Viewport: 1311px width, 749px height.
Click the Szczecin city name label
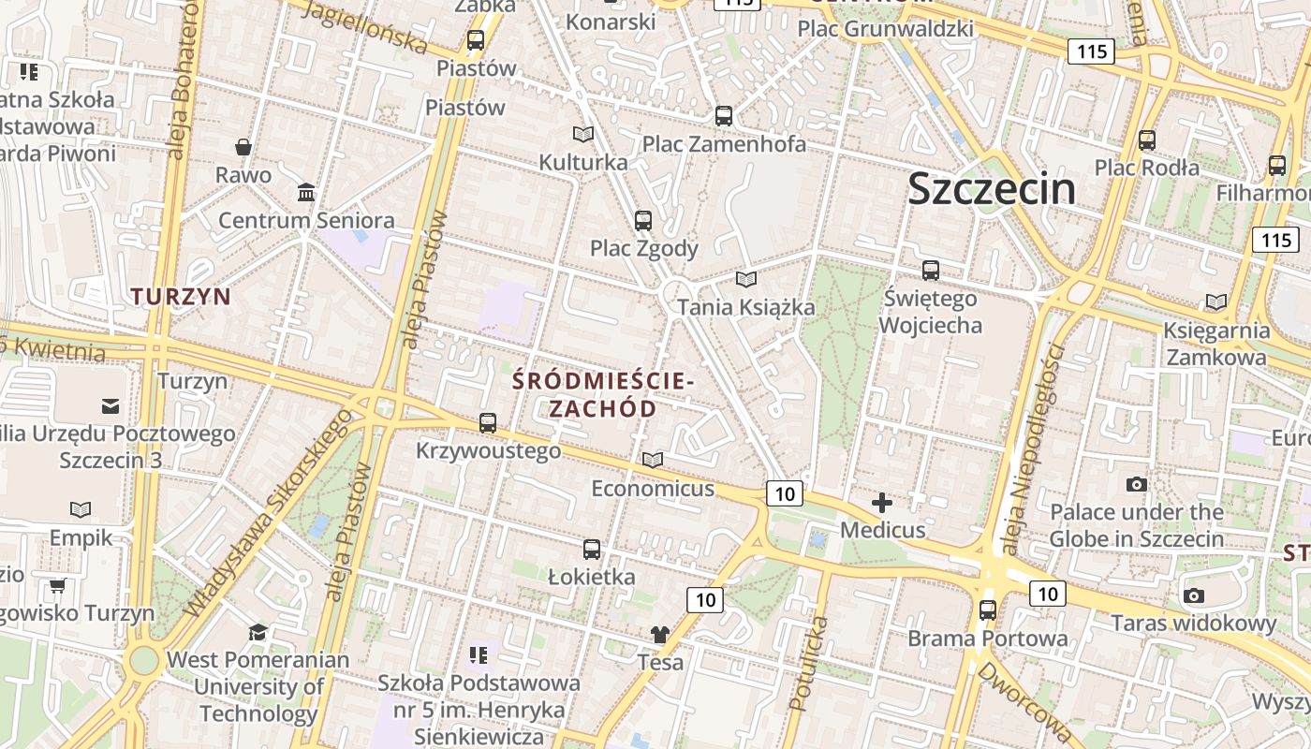tap(992, 189)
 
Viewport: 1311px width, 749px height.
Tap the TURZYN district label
tap(181, 297)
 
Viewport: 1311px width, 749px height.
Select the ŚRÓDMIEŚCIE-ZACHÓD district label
tap(603, 395)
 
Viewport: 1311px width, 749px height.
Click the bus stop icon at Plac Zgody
tap(643, 221)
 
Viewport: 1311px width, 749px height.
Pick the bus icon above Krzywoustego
tap(488, 422)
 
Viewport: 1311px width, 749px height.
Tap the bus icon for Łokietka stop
tap(592, 550)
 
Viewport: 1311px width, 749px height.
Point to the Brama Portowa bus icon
tap(988, 610)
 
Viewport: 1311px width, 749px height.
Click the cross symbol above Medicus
tap(882, 503)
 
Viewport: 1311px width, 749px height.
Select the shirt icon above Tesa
tap(660, 634)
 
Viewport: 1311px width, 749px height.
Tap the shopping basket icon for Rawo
tap(243, 147)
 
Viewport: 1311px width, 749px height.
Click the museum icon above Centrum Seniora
tap(306, 193)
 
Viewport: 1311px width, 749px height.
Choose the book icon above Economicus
tap(653, 460)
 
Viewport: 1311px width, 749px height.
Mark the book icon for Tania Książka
tap(746, 279)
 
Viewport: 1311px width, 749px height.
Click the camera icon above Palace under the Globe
tap(1137, 484)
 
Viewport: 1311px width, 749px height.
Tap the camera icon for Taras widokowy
tap(1194, 595)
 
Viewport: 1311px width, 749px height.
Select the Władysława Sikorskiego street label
tap(272, 514)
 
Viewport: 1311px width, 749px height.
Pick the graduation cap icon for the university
tap(258, 632)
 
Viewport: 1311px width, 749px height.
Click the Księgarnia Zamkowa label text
tap(1216, 344)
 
